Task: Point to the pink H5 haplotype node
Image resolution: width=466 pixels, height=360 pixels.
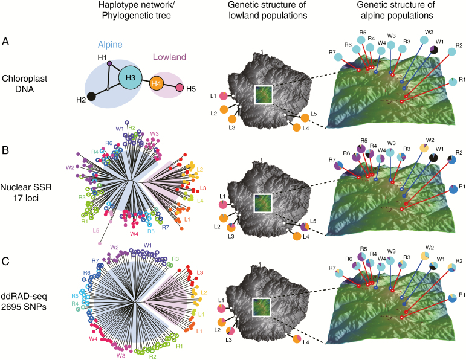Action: coord(180,89)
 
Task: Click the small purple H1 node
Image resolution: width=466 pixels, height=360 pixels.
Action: coord(109,63)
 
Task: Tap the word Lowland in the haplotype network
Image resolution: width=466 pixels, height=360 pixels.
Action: coord(167,56)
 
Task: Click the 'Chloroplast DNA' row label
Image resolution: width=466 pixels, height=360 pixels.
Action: coord(22,83)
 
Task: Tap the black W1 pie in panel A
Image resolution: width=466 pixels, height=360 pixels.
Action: coord(433,59)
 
